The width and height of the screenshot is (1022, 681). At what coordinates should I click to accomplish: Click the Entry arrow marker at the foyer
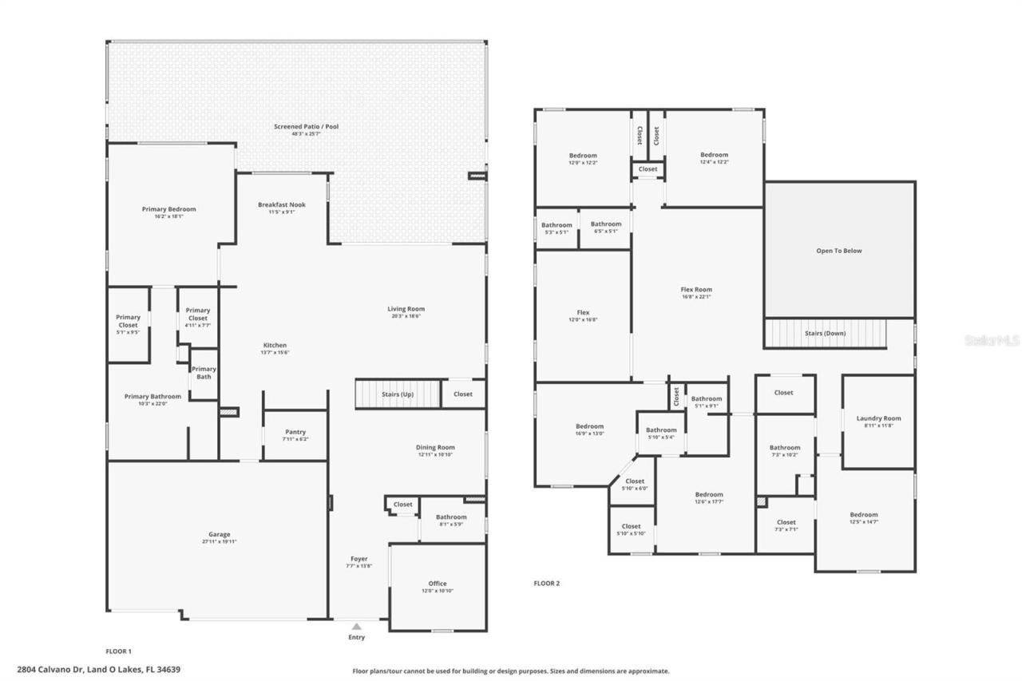356,627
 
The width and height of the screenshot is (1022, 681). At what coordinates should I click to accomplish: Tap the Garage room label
219,535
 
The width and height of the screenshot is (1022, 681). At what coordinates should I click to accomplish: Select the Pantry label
295,432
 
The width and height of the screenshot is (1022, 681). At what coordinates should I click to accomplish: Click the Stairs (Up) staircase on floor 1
398,394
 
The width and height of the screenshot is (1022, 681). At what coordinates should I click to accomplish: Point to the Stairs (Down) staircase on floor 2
826,333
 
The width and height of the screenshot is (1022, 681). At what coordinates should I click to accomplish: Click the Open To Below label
838,251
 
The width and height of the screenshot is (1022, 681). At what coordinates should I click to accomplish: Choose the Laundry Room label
878,418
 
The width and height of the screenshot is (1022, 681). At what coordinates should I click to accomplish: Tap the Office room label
438,584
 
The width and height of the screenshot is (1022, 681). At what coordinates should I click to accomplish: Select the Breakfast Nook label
281,205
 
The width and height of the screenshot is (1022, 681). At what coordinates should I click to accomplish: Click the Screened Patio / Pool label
306,127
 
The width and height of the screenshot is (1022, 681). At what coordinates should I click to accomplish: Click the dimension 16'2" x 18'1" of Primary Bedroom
168,216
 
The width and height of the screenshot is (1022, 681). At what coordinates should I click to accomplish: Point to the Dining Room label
435,448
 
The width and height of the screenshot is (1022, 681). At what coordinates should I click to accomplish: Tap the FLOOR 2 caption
546,584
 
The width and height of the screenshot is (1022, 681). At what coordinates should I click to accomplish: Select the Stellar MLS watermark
992,340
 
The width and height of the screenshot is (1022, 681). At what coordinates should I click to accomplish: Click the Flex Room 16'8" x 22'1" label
696,293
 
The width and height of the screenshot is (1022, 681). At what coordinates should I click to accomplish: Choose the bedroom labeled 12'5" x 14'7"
863,518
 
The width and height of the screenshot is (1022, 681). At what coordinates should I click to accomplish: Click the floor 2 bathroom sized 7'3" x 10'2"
784,451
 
